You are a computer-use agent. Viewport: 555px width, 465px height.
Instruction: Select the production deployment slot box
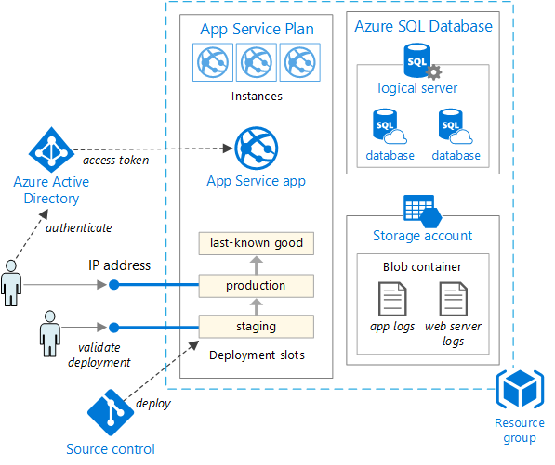[x=256, y=285]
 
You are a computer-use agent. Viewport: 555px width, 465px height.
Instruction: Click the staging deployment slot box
[x=256, y=326]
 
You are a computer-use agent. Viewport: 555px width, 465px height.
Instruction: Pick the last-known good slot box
[x=256, y=243]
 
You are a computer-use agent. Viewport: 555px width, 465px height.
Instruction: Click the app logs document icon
[x=391, y=301]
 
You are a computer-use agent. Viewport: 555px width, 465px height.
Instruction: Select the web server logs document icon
[x=453, y=301]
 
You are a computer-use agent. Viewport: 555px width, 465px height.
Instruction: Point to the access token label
[x=115, y=160]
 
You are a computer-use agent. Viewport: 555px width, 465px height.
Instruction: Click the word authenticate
[x=80, y=227]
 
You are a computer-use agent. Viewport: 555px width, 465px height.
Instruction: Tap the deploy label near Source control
[x=152, y=403]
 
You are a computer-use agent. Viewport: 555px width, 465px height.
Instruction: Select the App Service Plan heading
[x=257, y=29]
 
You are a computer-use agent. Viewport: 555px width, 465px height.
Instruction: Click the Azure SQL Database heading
[x=423, y=26]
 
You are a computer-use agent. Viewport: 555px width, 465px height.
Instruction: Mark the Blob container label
[x=422, y=266]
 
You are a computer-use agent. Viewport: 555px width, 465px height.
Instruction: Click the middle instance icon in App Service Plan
[x=256, y=63]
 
